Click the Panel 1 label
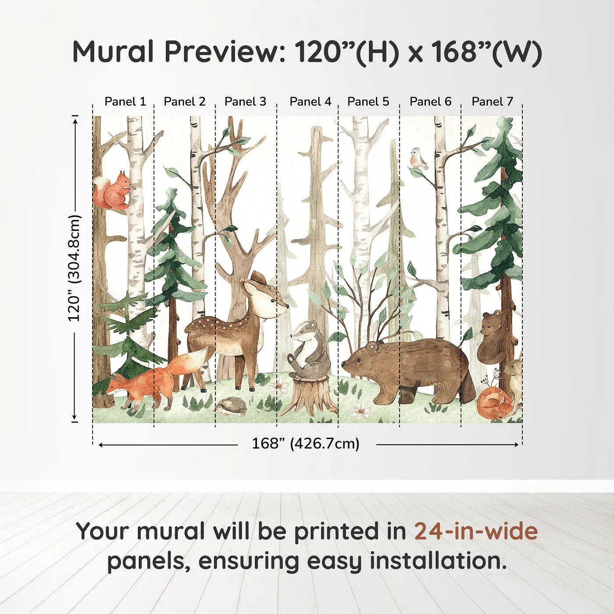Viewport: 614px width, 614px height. pyautogui.click(x=125, y=102)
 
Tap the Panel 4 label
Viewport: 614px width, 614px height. pyautogui.click(x=311, y=102)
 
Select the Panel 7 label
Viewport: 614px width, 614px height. pyautogui.click(x=492, y=102)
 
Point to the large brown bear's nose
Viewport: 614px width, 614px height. pyautogui.click(x=344, y=363)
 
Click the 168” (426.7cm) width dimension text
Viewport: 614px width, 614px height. pyautogui.click(x=306, y=443)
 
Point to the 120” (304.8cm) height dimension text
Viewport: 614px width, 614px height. pyautogui.click(x=75, y=268)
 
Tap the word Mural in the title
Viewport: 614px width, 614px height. pyautogui.click(x=114, y=52)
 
